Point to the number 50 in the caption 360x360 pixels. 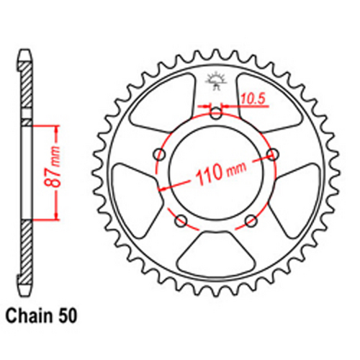70,315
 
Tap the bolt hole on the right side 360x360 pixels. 273,153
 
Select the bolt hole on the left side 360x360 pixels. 159,153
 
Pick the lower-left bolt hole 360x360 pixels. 181,219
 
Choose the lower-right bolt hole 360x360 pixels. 251,219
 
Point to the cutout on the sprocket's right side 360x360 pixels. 295,191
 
